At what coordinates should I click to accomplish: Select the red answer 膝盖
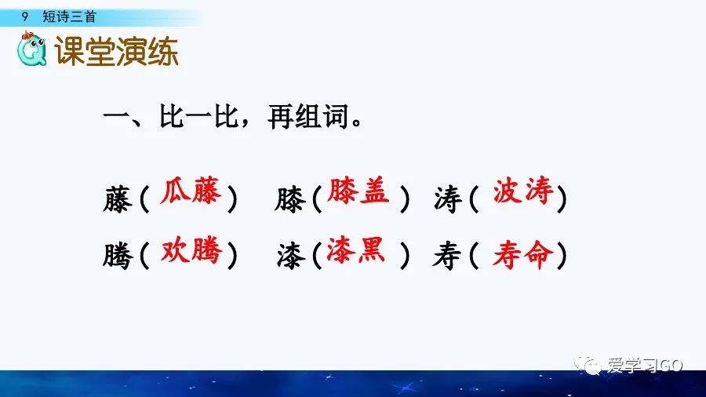pyautogui.click(x=358, y=191)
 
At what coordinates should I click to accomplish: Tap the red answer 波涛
pyautogui.click(x=523, y=192)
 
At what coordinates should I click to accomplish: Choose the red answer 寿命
pyautogui.click(x=522, y=254)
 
